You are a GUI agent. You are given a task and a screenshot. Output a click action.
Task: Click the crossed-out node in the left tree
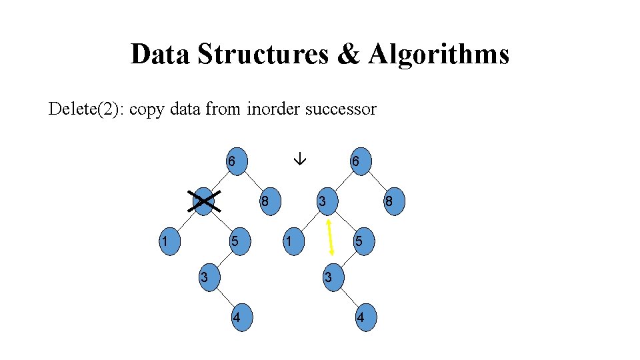click(204, 201)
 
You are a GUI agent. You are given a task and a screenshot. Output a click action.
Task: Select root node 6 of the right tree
click(359, 161)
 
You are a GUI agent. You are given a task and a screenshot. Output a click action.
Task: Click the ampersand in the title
click(347, 54)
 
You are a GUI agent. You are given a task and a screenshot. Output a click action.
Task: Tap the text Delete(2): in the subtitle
click(86, 109)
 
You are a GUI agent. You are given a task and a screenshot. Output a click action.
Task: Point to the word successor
click(341, 109)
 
